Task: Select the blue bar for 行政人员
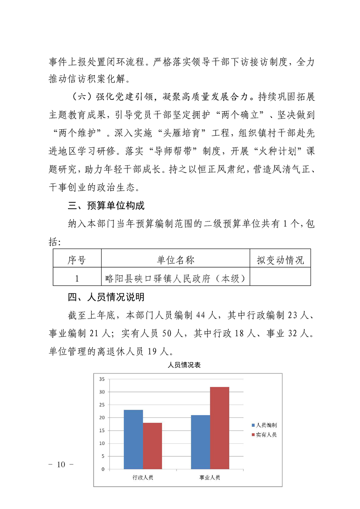133,439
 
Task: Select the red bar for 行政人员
153,445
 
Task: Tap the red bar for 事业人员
220,427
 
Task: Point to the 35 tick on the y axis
102,379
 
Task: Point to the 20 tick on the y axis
102,418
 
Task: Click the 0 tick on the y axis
103,469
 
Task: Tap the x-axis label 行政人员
143,478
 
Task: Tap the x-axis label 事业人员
210,478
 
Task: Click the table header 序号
77,260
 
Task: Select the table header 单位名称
176,260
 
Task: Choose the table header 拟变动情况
280,260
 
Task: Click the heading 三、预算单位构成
106,206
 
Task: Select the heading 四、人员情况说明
106,297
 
